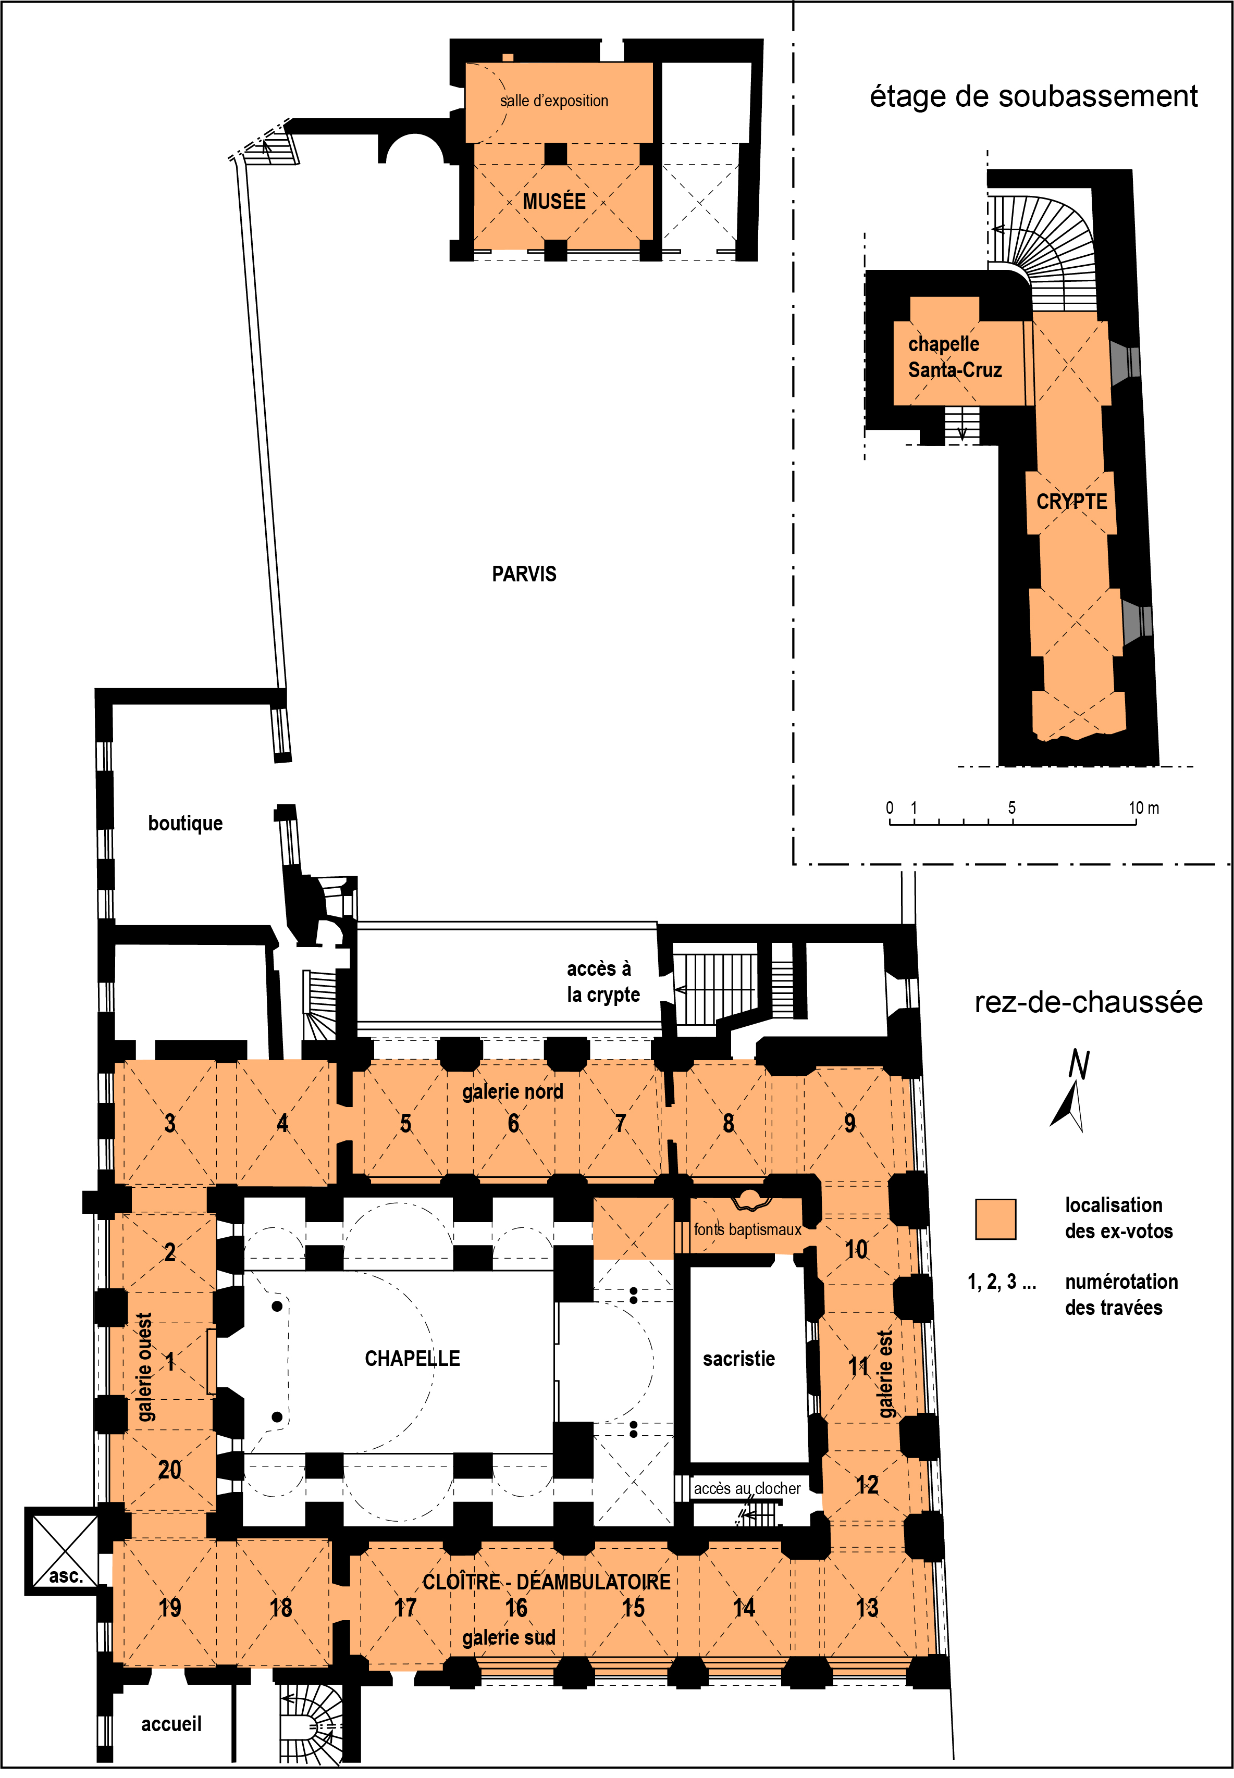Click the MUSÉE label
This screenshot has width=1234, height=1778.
tap(553, 201)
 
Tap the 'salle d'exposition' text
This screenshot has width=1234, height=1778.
tap(553, 101)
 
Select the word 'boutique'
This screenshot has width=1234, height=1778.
tap(185, 823)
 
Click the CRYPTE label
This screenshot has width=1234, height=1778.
tap(1071, 502)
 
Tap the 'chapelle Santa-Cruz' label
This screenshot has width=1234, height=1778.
tap(955, 356)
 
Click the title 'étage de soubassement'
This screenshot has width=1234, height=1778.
tap(1034, 96)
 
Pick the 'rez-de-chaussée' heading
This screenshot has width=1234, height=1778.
tap(1088, 1002)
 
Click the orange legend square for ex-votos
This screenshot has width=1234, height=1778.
tap(995, 1219)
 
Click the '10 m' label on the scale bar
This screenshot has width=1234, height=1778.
tap(1143, 807)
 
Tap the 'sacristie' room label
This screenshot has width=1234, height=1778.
tap(738, 1359)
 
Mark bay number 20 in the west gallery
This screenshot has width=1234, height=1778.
tap(169, 1469)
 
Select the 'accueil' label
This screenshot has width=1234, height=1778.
tap(171, 1723)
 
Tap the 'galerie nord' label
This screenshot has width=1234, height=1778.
tap(513, 1091)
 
